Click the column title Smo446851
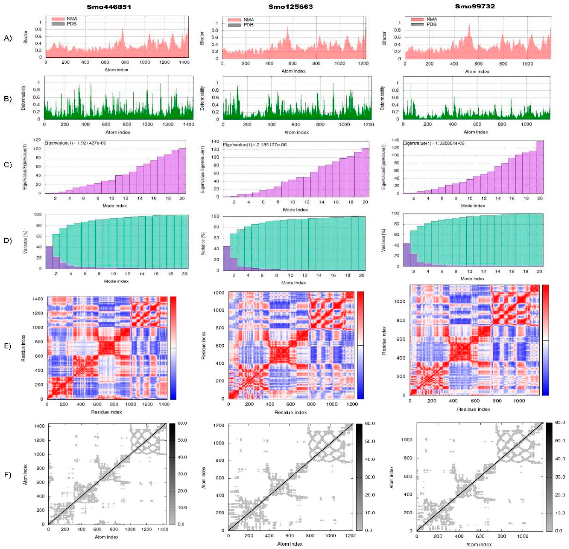point(109,7)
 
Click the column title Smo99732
point(475,6)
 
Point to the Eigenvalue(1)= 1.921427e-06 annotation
point(76,143)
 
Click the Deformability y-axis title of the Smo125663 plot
point(202,98)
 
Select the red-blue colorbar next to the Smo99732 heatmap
point(545,340)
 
